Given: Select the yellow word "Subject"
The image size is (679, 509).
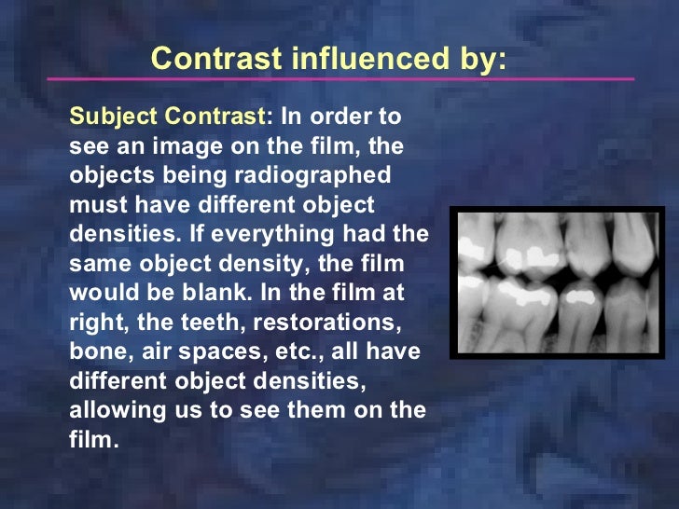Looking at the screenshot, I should click(108, 117).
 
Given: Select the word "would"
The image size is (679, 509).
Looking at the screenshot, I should click(100, 292).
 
